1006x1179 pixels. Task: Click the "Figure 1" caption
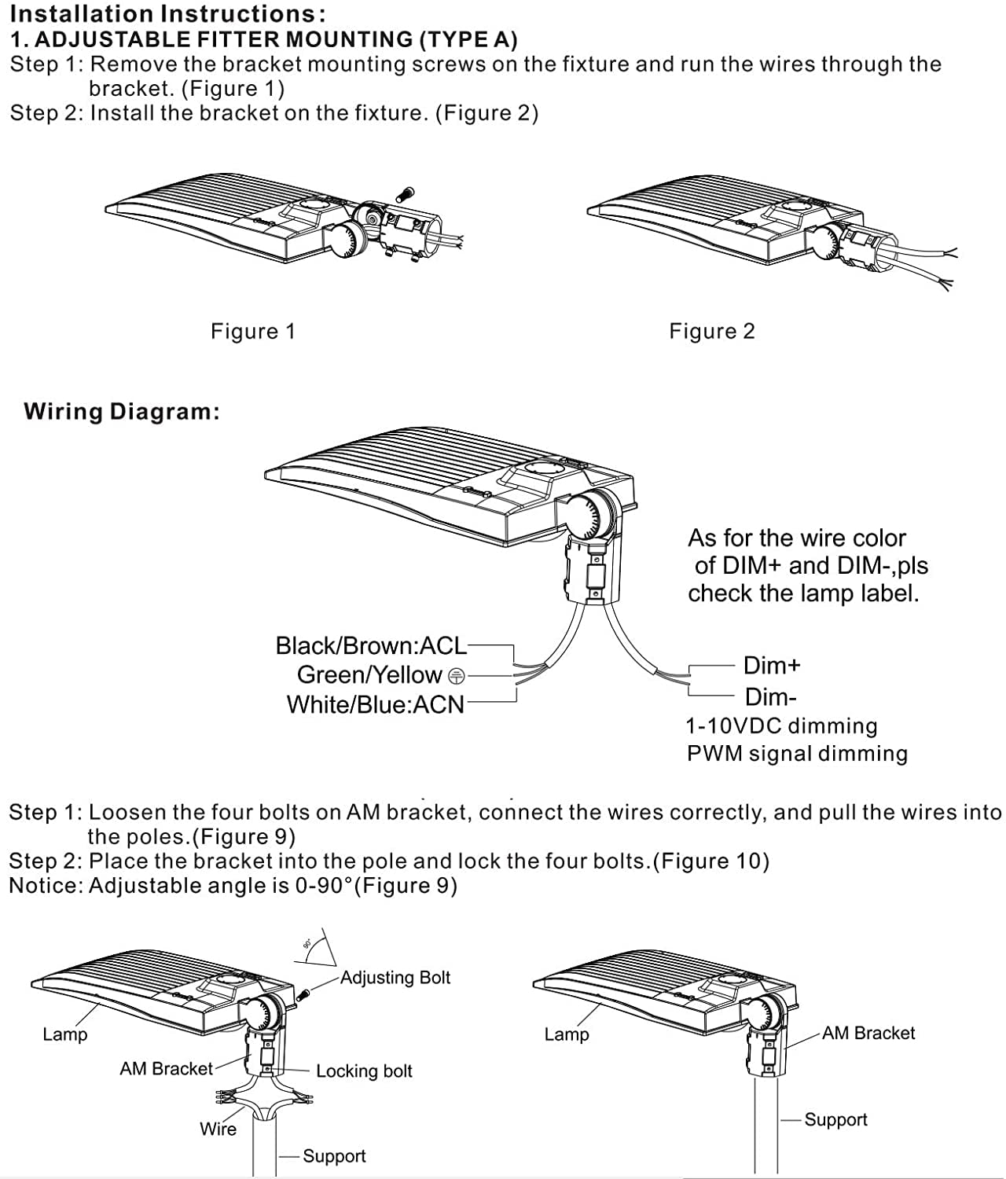point(252,332)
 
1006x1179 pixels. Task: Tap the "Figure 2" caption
point(712,332)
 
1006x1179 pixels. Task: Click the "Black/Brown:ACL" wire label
point(371,645)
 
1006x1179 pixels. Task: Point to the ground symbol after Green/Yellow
point(456,677)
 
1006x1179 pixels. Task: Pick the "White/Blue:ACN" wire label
point(375,705)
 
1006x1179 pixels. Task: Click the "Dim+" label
point(772,666)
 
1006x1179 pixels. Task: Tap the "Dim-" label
point(770,697)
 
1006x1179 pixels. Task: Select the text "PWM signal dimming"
point(797,754)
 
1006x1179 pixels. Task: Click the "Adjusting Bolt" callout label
point(395,978)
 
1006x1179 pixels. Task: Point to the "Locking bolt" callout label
point(364,1071)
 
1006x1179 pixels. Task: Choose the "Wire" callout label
point(218,1129)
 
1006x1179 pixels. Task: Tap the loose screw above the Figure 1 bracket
point(406,194)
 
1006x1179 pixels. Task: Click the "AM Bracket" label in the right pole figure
point(868,1033)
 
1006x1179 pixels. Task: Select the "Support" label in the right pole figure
point(835,1120)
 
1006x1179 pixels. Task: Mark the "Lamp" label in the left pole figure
point(65,1034)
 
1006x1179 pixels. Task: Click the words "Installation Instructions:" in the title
point(167,13)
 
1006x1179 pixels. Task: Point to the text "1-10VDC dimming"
point(781,726)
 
